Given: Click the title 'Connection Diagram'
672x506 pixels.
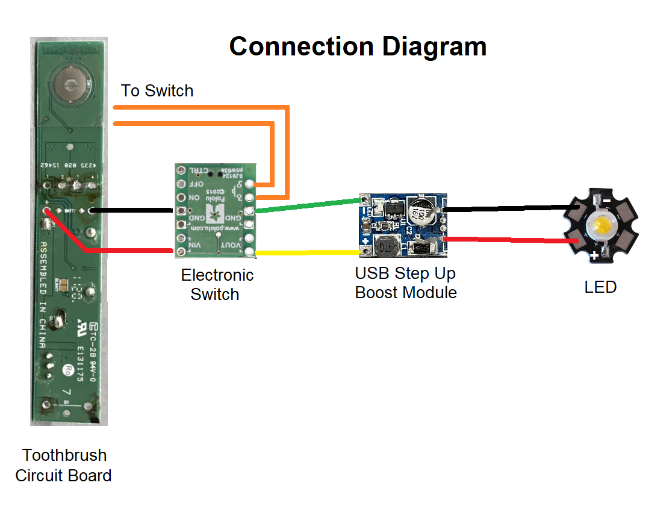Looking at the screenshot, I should pos(358,47).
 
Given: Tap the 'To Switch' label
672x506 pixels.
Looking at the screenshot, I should pos(157,91).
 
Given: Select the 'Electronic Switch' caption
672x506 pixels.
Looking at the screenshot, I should pos(217,285).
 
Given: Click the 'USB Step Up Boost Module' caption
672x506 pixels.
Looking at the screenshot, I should pos(405,283).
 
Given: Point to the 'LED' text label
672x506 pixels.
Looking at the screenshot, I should pos(600,287).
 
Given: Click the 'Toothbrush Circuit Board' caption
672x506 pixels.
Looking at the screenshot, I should pos(64,465).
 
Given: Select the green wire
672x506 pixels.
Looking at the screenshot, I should pos(307,204).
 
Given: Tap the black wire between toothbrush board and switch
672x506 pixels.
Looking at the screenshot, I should pos(132,211).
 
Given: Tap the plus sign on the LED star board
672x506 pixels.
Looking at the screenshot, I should pos(594,257).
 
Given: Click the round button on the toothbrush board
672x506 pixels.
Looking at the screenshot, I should pos(69,84).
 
